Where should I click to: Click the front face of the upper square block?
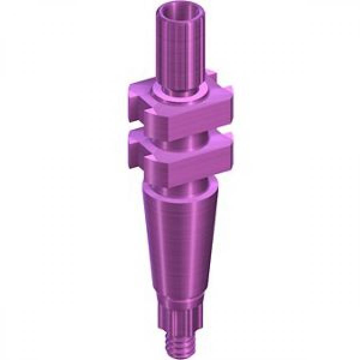point(188,120)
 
